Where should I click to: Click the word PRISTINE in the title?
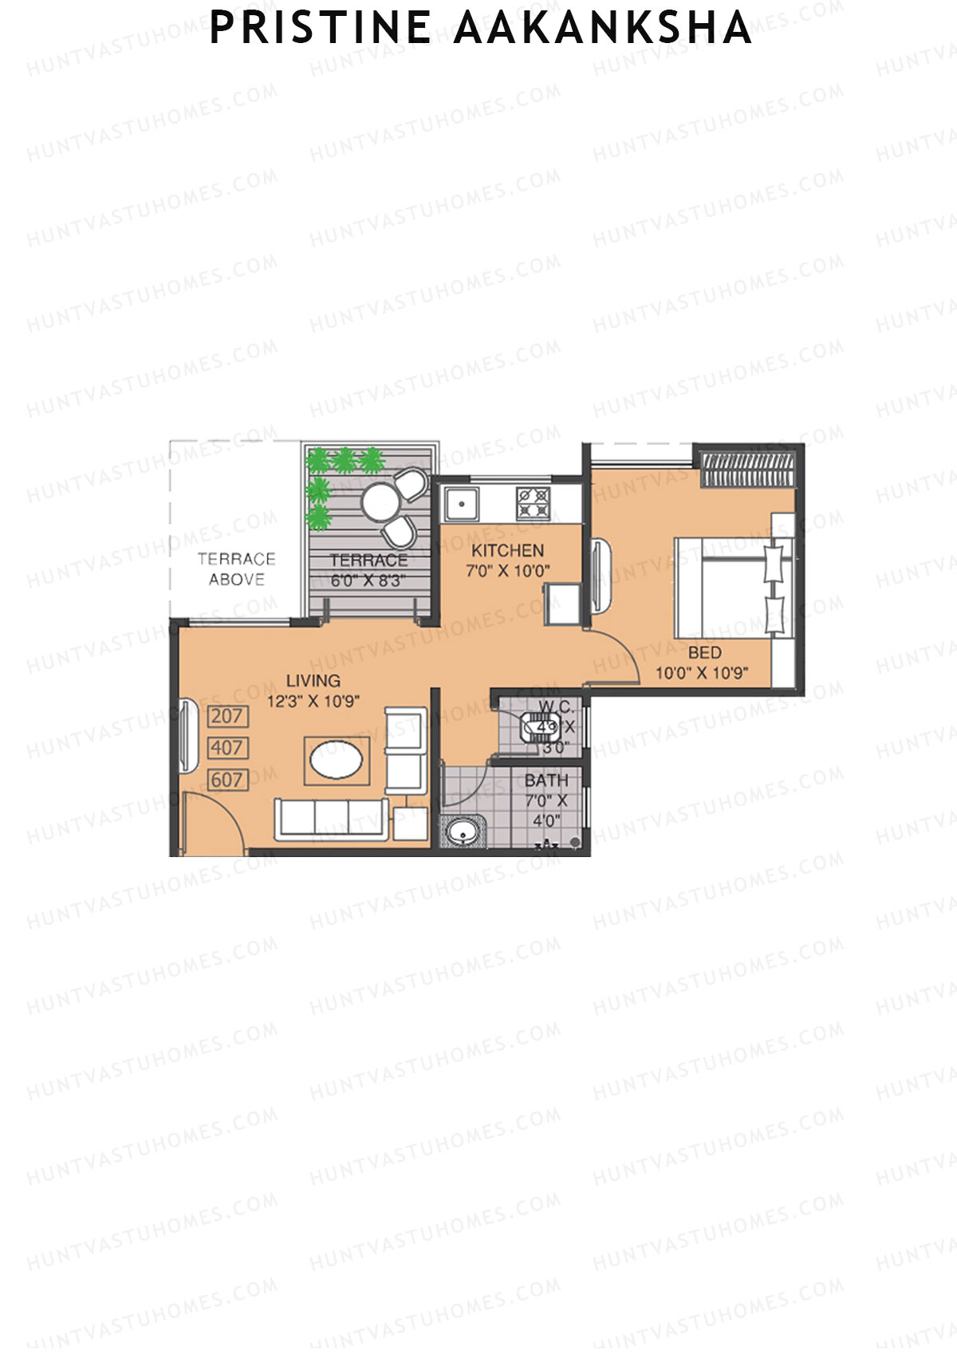pos(320,28)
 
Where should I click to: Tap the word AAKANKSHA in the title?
pos(602,28)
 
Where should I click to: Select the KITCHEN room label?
pos(507,550)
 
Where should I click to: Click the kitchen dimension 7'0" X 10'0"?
pos(507,571)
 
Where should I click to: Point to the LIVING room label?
pos(313,680)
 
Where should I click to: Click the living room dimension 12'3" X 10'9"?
pos(313,702)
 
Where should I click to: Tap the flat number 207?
pos(227,716)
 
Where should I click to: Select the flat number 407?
pos(227,748)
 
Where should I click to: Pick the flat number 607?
pos(227,780)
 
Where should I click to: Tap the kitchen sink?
pos(462,504)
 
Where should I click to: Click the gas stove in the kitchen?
pos(533,504)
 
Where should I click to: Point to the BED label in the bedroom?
pos(704,652)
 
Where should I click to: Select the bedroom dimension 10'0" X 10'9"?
pos(702,673)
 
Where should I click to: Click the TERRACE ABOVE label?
pos(236,569)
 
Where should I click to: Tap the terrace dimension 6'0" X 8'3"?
pos(368,580)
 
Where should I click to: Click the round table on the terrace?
pos(380,502)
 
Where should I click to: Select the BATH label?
pos(546,780)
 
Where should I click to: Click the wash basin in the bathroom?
pos(463,832)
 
